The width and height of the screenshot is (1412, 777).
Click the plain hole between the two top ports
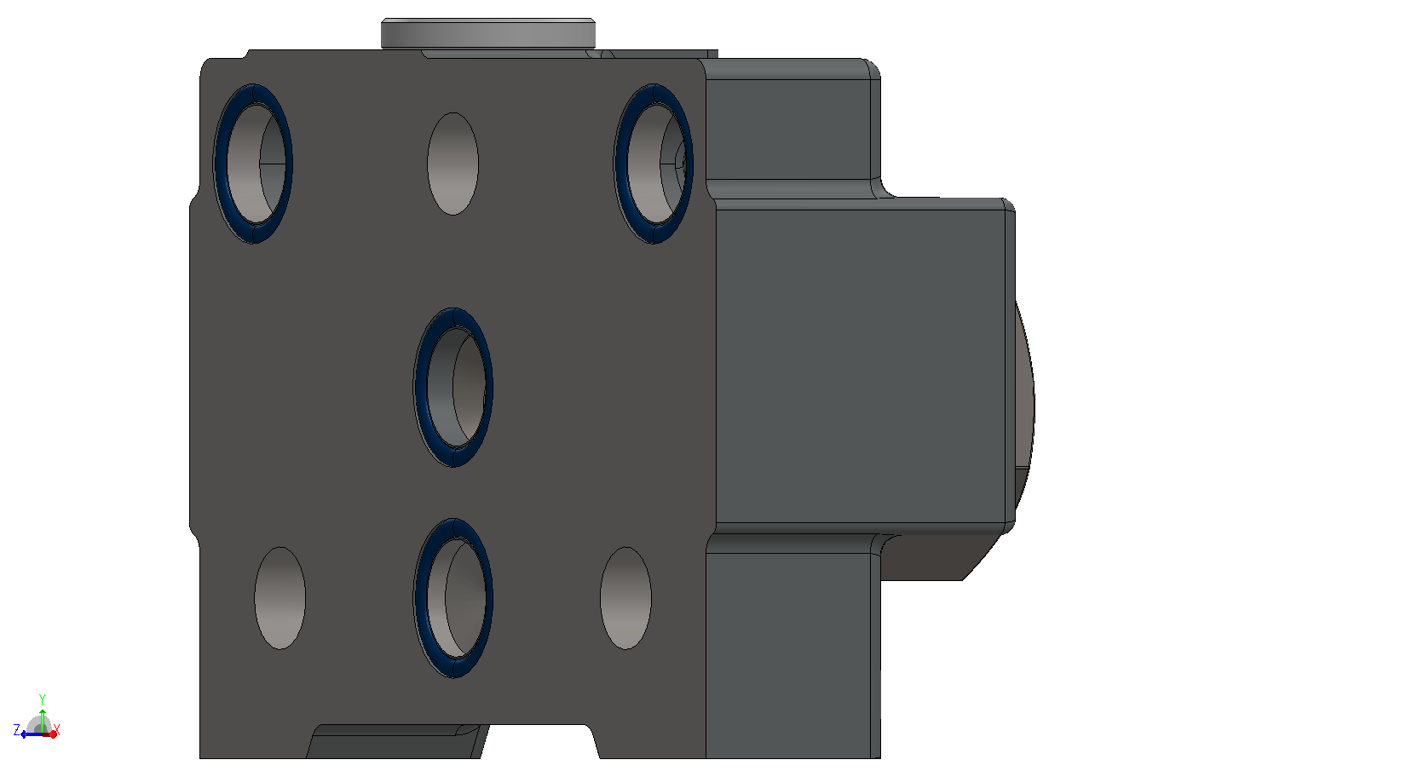[x=452, y=164]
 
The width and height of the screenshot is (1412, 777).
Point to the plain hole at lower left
[x=280, y=598]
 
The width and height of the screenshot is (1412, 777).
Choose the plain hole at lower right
[x=625, y=598]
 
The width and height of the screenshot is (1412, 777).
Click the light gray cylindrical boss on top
[x=488, y=33]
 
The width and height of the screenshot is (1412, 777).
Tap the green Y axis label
[x=43, y=699]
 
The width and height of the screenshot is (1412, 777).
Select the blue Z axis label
[x=17, y=730]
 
